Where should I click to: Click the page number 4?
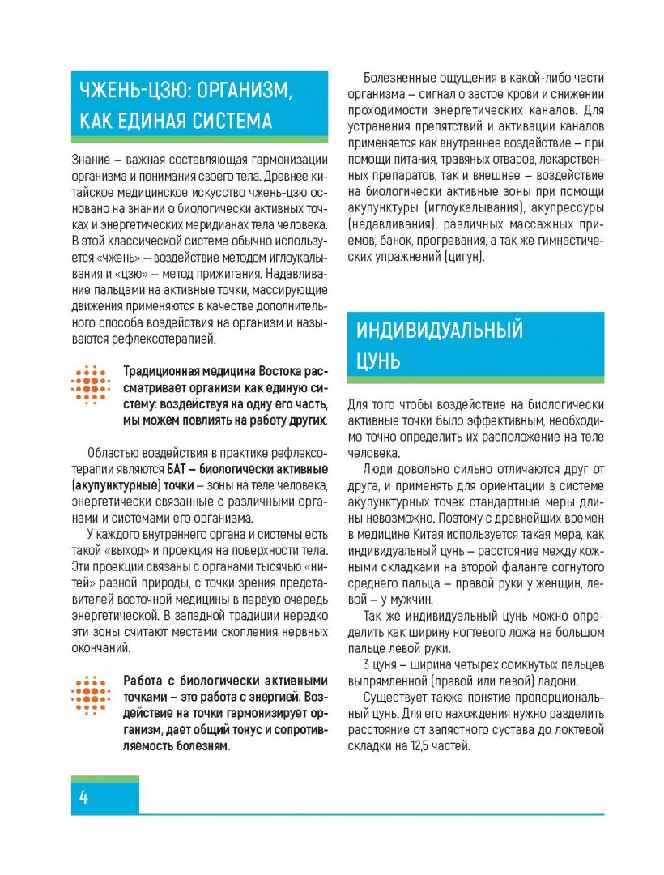coord(83,796)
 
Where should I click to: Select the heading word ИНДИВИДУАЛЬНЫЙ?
coord(439,330)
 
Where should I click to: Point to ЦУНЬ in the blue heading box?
coord(378,361)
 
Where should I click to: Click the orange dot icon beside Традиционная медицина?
coord(90,385)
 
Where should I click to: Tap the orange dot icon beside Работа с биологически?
coord(90,695)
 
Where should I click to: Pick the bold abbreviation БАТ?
coord(178,469)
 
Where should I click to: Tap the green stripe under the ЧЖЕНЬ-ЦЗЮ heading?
coord(200,139)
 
